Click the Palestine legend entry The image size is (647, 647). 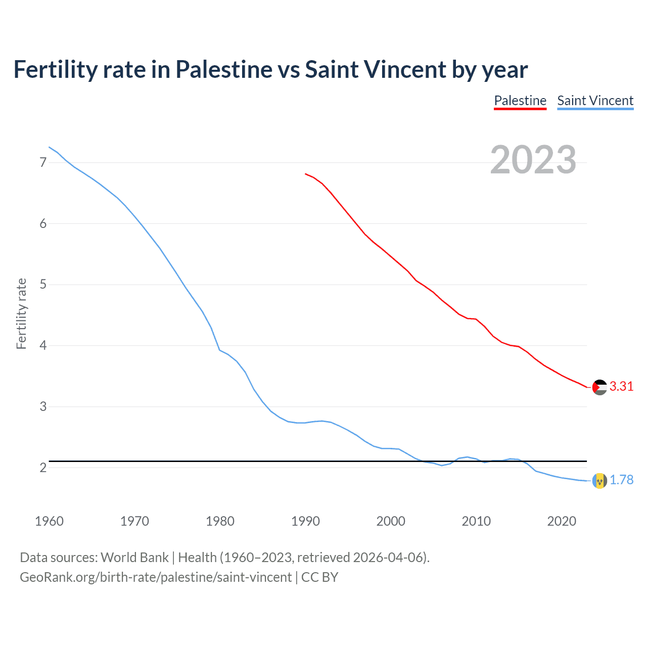click(x=520, y=101)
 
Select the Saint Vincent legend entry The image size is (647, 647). click(x=595, y=101)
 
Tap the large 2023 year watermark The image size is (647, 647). click(x=533, y=160)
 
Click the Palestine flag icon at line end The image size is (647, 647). click(x=599, y=387)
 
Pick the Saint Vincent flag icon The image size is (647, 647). click(x=599, y=481)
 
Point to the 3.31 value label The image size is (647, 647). click(x=621, y=387)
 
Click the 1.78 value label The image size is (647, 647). click(x=621, y=480)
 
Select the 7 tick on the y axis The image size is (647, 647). click(x=43, y=162)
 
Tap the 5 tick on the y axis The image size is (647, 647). click(x=43, y=285)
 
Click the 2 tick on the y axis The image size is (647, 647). click(x=43, y=468)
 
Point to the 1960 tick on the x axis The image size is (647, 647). click(x=49, y=521)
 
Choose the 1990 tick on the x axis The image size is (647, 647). click(x=305, y=521)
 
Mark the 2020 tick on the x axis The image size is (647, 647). click(x=562, y=521)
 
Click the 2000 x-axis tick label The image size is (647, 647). click(x=391, y=521)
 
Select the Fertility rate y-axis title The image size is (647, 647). click(x=21, y=313)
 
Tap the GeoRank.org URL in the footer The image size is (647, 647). click(x=156, y=577)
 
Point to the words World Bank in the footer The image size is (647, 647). click(x=134, y=558)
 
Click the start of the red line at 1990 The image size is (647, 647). click(x=305, y=173)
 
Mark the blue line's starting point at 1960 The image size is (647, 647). click(x=49, y=147)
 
